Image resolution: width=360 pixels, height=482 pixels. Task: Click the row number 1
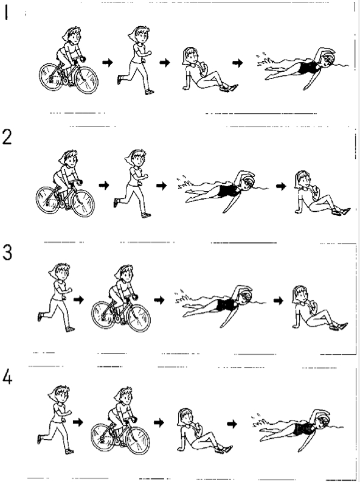pyautogui.click(x=6, y=13)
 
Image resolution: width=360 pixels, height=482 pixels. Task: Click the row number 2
pyautogui.click(x=7, y=137)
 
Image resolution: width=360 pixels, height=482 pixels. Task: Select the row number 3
pyautogui.click(x=7, y=253)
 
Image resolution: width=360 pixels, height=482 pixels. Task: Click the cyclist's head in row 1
pyautogui.click(x=73, y=35)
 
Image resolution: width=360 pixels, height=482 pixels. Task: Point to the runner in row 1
pyautogui.click(x=136, y=60)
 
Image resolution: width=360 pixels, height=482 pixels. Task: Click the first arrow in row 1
pyautogui.click(x=108, y=63)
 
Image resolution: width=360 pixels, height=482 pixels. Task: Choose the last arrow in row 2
pyautogui.click(x=281, y=186)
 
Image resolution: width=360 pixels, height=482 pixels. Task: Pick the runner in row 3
pyautogui.click(x=56, y=297)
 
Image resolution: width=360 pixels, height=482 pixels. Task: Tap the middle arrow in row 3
pyautogui.click(x=159, y=299)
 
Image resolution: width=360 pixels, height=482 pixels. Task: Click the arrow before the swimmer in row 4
pyautogui.click(x=232, y=424)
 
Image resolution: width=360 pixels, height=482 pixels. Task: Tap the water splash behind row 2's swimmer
pyautogui.click(x=185, y=183)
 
